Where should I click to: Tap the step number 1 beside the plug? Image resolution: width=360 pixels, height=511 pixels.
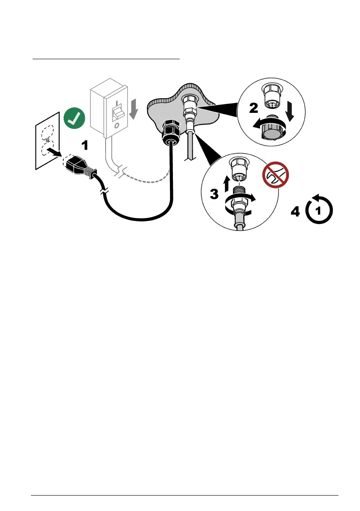point(85,146)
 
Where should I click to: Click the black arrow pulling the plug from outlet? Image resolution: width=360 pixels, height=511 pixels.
point(55,153)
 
